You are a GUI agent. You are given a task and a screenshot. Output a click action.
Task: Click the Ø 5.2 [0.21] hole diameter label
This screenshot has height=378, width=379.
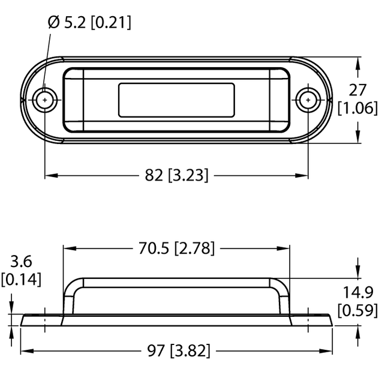[89, 23]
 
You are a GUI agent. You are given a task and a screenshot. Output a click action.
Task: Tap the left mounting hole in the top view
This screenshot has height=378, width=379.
[46, 100]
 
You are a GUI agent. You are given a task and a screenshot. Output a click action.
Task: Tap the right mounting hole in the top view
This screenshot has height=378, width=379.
[308, 100]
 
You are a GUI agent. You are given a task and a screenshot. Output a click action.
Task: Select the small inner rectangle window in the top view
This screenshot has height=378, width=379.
[177, 100]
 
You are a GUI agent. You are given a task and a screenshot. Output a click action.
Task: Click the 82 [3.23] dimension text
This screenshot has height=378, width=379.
[177, 175]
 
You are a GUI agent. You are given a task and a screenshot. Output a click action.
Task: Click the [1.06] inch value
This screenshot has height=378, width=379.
[357, 109]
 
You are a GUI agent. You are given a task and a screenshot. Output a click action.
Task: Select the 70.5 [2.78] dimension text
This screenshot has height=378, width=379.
[177, 248]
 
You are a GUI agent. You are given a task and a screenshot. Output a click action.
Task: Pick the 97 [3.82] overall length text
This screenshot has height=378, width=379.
[177, 350]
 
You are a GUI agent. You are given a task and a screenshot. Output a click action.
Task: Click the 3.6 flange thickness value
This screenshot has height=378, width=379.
[20, 262]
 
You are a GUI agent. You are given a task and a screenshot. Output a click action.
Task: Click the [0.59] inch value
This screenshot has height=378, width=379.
[357, 310]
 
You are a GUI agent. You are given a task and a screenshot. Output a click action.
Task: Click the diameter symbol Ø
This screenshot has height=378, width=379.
[53, 23]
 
